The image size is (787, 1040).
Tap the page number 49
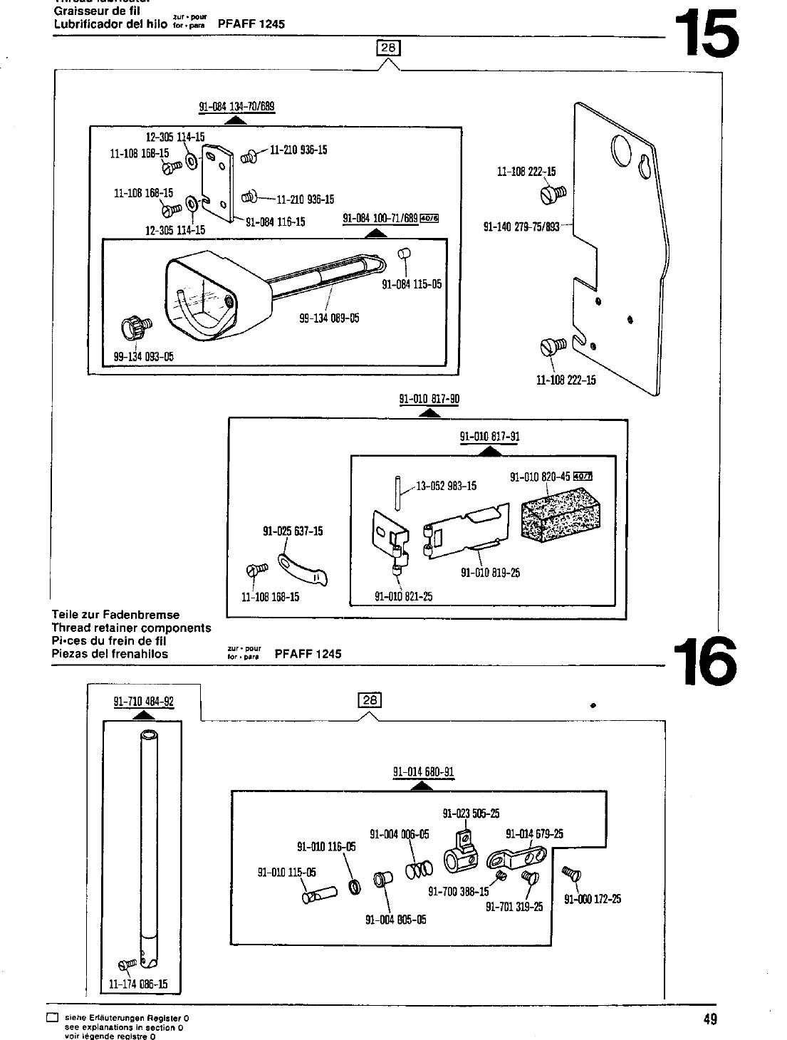pos(709,1019)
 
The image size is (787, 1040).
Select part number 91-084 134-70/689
pos(236,108)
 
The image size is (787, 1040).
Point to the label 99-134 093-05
pos(143,357)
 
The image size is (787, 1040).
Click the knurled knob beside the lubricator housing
pos(136,328)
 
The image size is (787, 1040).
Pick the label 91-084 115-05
pos(412,284)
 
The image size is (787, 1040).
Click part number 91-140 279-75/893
pos(521,229)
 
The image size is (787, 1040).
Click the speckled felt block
pos(561,517)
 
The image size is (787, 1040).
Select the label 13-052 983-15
pos(446,487)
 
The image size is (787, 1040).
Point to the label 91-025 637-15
pos(293,531)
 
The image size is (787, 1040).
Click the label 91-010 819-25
pos(490,573)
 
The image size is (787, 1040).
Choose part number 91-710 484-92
pos(144,701)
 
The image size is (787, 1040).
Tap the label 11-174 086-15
pos(138,984)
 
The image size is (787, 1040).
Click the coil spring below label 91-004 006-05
pos(419,870)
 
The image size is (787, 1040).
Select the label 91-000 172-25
pos(593,899)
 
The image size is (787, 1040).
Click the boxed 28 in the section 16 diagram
pos(370,700)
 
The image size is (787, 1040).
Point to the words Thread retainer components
pos(132,628)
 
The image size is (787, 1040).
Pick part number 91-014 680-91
pos(423,772)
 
